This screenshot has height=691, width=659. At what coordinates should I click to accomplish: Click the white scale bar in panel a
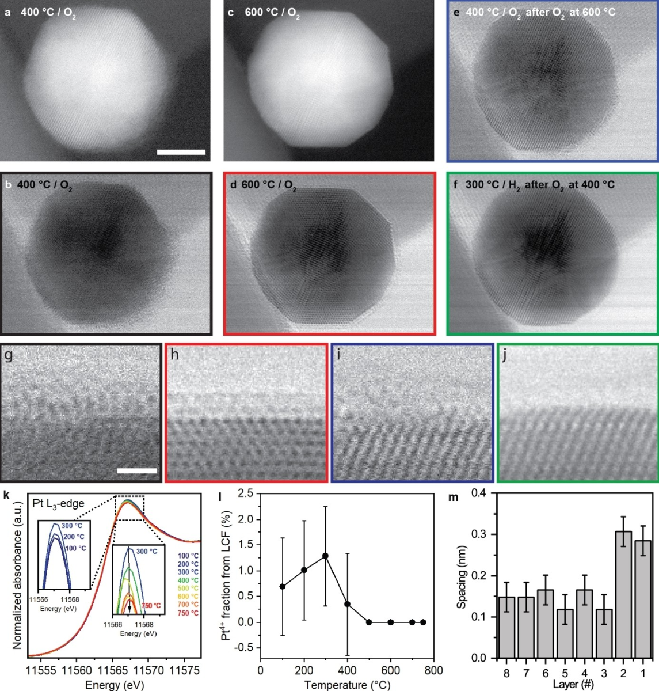(181, 152)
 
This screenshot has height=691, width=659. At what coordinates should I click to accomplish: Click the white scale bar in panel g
(137, 471)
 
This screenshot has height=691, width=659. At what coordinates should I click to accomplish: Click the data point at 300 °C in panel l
(326, 556)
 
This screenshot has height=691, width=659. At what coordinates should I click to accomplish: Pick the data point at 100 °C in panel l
(282, 586)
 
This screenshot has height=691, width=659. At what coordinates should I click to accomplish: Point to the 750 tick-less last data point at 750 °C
(423, 622)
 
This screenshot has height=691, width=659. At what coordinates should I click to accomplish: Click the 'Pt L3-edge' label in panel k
(57, 504)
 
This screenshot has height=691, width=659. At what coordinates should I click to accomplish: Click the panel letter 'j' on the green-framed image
(505, 354)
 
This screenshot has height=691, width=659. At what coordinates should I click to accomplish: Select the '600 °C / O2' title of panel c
(272, 13)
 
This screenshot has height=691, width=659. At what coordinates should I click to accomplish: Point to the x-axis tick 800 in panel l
(434, 670)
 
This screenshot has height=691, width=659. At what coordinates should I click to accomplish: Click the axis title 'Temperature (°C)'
(347, 685)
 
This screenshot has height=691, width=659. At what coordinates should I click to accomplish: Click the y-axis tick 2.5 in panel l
(246, 493)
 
